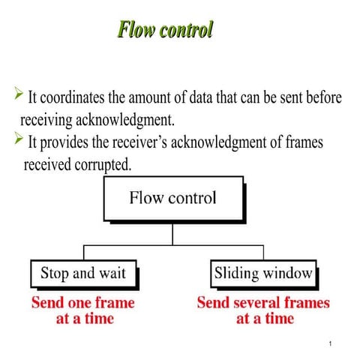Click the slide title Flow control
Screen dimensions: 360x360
[165, 30]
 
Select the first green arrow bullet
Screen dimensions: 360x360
[19, 94]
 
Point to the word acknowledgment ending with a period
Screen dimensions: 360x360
[131, 119]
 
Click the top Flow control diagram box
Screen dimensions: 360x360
[172, 199]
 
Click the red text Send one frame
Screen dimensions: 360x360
[82, 303]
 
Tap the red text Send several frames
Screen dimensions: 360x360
[263, 303]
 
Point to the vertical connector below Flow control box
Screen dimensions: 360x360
[172, 233]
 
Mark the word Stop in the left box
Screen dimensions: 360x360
[54, 273]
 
